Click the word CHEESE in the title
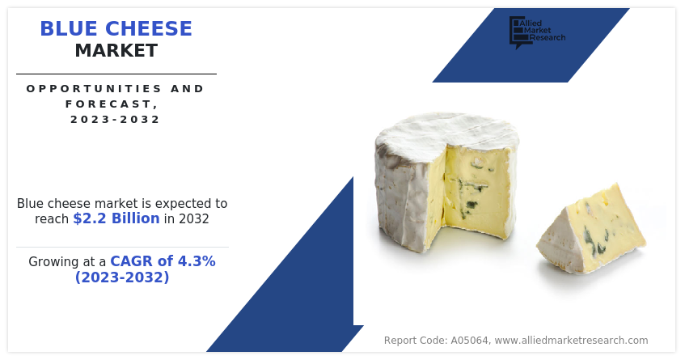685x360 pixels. point(153,29)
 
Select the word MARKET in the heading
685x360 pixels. point(116,51)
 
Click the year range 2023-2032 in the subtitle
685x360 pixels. point(116,119)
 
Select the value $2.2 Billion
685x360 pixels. point(119,219)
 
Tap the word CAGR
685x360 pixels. point(130,261)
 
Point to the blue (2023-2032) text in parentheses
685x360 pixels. point(122,277)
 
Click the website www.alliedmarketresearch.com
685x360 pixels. point(571,341)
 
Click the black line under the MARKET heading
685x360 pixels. point(116,74)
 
